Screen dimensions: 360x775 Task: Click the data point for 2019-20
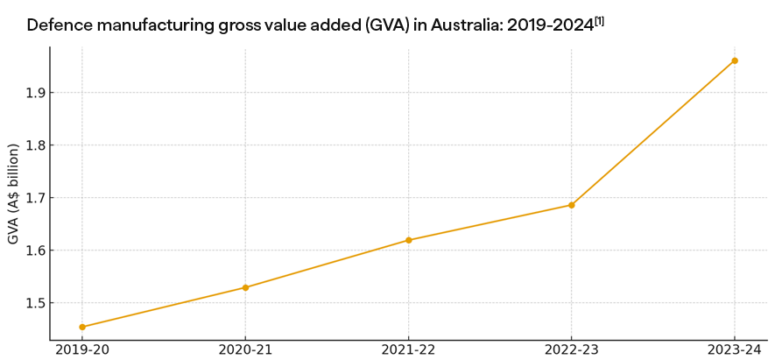click(82, 327)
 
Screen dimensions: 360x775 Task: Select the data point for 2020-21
click(245, 287)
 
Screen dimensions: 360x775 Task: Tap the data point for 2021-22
click(408, 240)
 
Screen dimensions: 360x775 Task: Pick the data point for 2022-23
click(571, 205)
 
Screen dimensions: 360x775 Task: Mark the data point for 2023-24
click(735, 60)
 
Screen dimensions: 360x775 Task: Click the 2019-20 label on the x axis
click(82, 349)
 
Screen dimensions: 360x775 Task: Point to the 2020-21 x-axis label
click(245, 349)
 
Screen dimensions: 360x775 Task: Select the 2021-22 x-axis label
click(408, 349)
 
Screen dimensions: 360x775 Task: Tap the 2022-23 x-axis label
click(571, 349)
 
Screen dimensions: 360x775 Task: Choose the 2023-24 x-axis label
click(735, 349)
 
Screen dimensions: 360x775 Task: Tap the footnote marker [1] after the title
click(600, 20)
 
